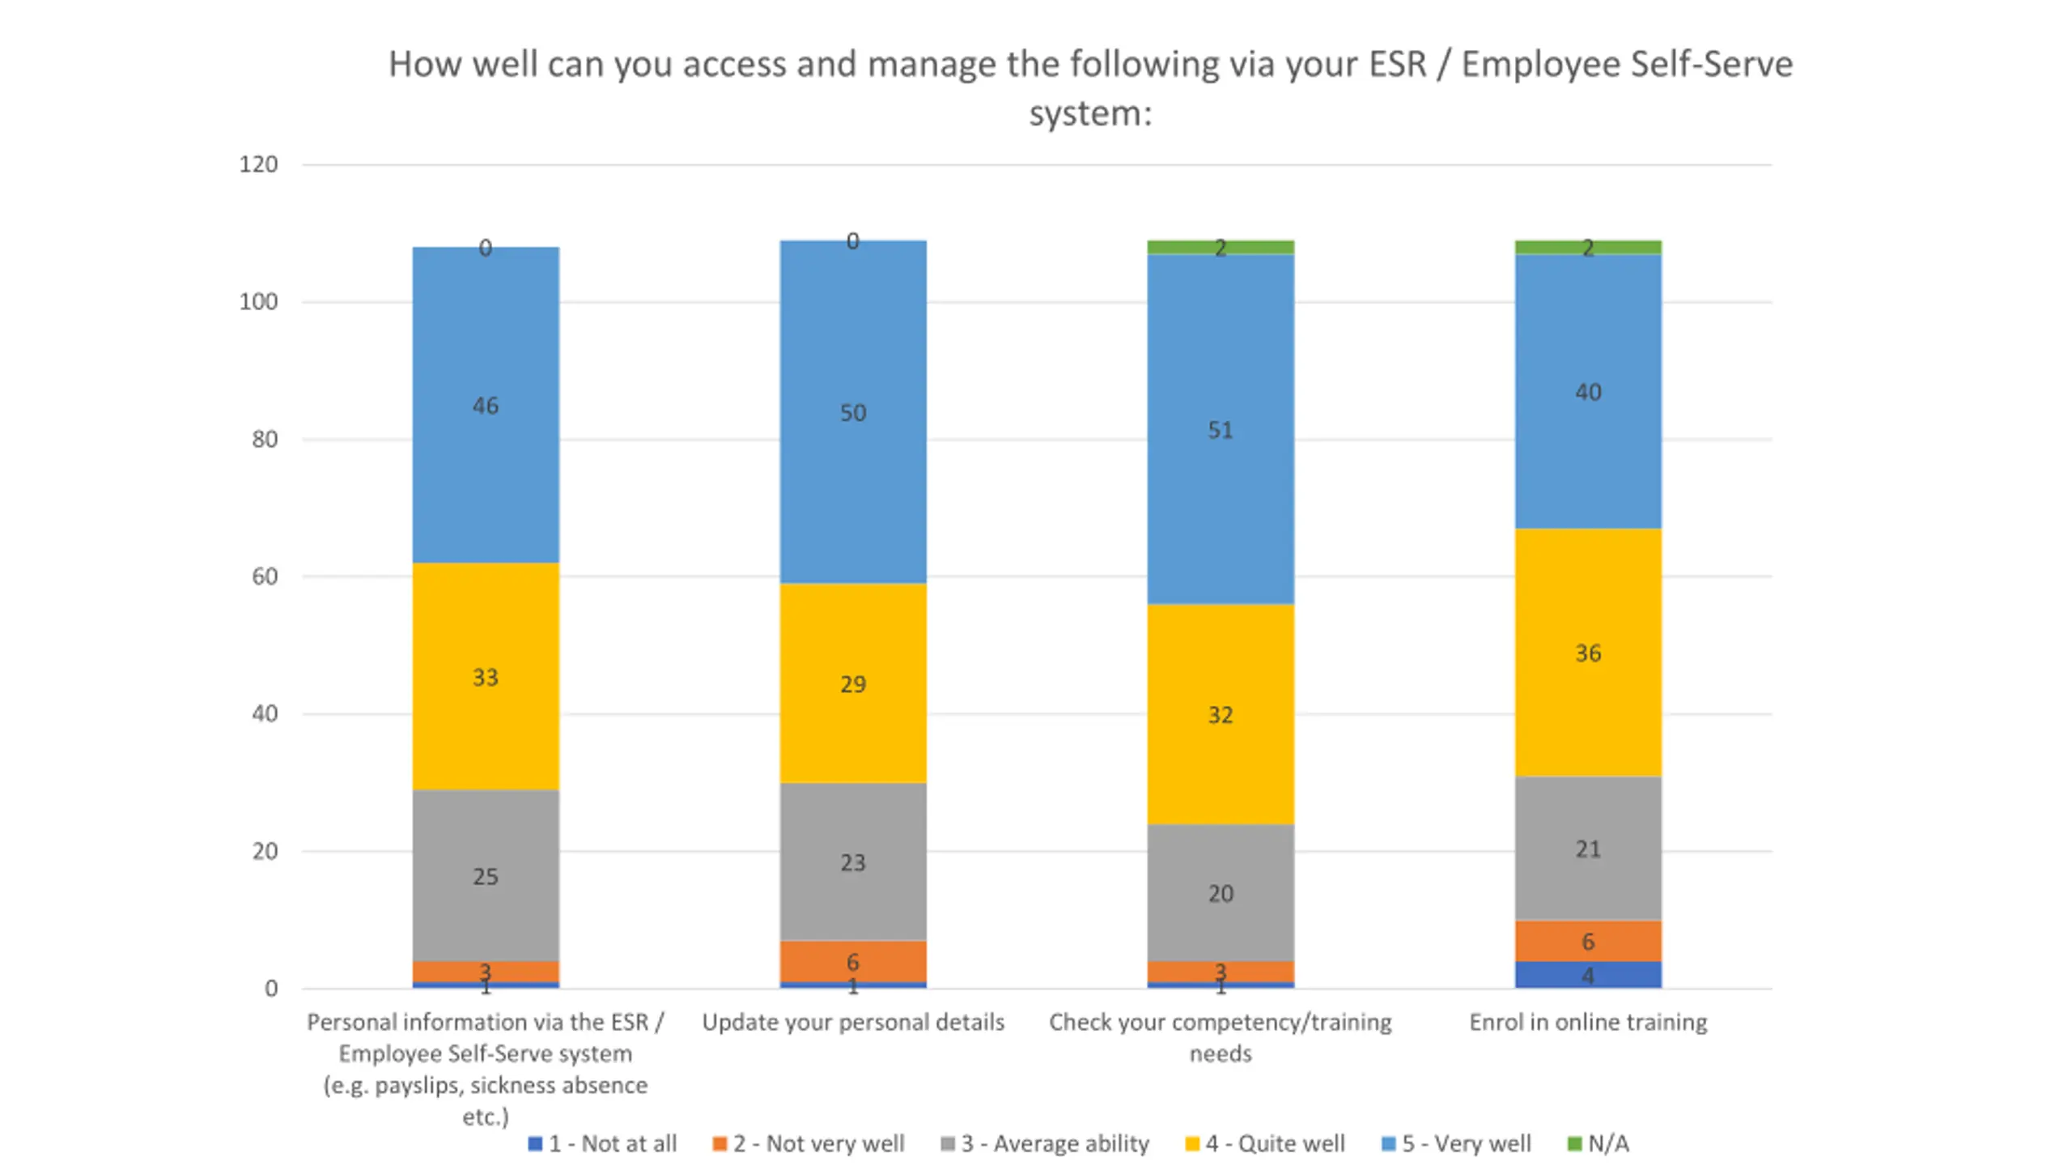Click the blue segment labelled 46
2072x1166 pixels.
[486, 405]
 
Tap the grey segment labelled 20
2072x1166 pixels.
[1220, 892]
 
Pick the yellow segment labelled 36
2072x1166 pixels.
[1587, 652]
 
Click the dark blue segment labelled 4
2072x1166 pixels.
[1587, 975]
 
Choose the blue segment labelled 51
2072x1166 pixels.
[1220, 429]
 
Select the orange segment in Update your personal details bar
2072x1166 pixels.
[852, 961]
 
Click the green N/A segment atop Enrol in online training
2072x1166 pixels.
[1587, 247]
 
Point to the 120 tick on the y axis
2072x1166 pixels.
[258, 164]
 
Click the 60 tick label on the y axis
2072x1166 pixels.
[265, 577]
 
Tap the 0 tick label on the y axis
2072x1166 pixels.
[271, 989]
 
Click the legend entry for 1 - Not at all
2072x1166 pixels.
[603, 1143]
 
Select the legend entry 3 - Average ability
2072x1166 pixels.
[1045, 1143]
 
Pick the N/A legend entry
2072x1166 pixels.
[1599, 1143]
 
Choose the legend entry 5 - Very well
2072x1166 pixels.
[1456, 1143]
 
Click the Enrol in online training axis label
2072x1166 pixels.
[1587, 1022]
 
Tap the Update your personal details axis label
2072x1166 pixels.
[852, 1022]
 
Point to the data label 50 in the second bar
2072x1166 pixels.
[852, 413]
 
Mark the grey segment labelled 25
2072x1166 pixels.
[486, 875]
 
